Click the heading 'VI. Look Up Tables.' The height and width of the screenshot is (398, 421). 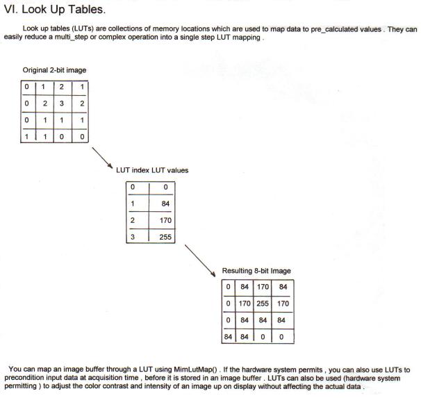tap(55, 10)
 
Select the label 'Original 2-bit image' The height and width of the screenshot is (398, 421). tap(54, 70)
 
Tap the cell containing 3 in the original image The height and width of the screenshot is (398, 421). tap(62, 103)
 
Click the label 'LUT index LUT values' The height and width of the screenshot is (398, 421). tap(152, 170)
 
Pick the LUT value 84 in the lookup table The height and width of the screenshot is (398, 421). tap(165, 204)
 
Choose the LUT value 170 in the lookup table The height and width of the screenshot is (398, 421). tap(165, 220)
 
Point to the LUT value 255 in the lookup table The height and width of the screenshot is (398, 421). tap(165, 237)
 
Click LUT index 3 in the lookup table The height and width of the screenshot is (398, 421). tap(133, 237)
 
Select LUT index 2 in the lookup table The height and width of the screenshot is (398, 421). tap(133, 220)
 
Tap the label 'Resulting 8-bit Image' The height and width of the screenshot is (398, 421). tap(256, 270)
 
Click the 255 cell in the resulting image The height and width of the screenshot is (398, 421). tap(263, 304)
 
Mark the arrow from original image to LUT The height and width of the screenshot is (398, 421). tap(102, 158)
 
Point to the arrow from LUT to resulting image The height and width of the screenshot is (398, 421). tap(200, 260)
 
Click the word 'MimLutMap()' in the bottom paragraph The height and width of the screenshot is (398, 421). tap(195, 370)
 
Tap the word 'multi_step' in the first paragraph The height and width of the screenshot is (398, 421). tap(72, 37)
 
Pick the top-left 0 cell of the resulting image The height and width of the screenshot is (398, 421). tap(229, 287)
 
